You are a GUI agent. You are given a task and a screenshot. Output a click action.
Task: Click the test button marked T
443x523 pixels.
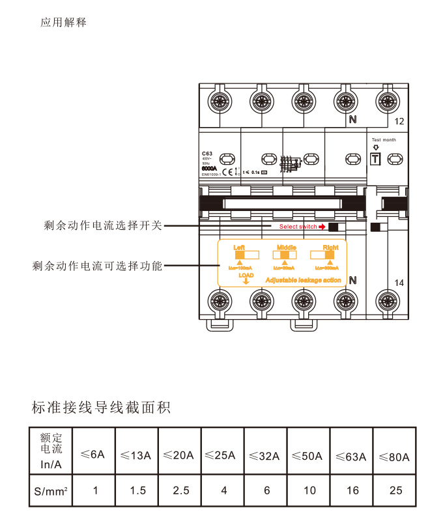coord(375,158)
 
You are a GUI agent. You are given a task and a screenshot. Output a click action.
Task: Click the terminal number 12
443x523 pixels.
coord(399,122)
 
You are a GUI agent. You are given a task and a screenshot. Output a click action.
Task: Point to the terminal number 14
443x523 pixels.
coord(399,283)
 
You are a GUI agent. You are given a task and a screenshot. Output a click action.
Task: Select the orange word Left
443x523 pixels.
coord(239,247)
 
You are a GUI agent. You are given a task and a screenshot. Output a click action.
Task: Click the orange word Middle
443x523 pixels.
coord(286,247)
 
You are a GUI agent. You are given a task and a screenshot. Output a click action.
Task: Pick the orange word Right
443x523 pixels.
coord(330,247)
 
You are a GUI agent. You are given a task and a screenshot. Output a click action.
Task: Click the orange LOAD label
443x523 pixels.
coord(246,276)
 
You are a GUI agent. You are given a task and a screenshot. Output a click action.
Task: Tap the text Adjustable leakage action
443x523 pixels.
coord(303,279)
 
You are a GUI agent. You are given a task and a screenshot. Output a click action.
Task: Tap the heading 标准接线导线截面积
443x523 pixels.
coord(101,408)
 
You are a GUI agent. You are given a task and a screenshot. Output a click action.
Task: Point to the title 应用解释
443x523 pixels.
coord(63,23)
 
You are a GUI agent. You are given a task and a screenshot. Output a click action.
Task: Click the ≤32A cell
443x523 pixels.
coord(266,456)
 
